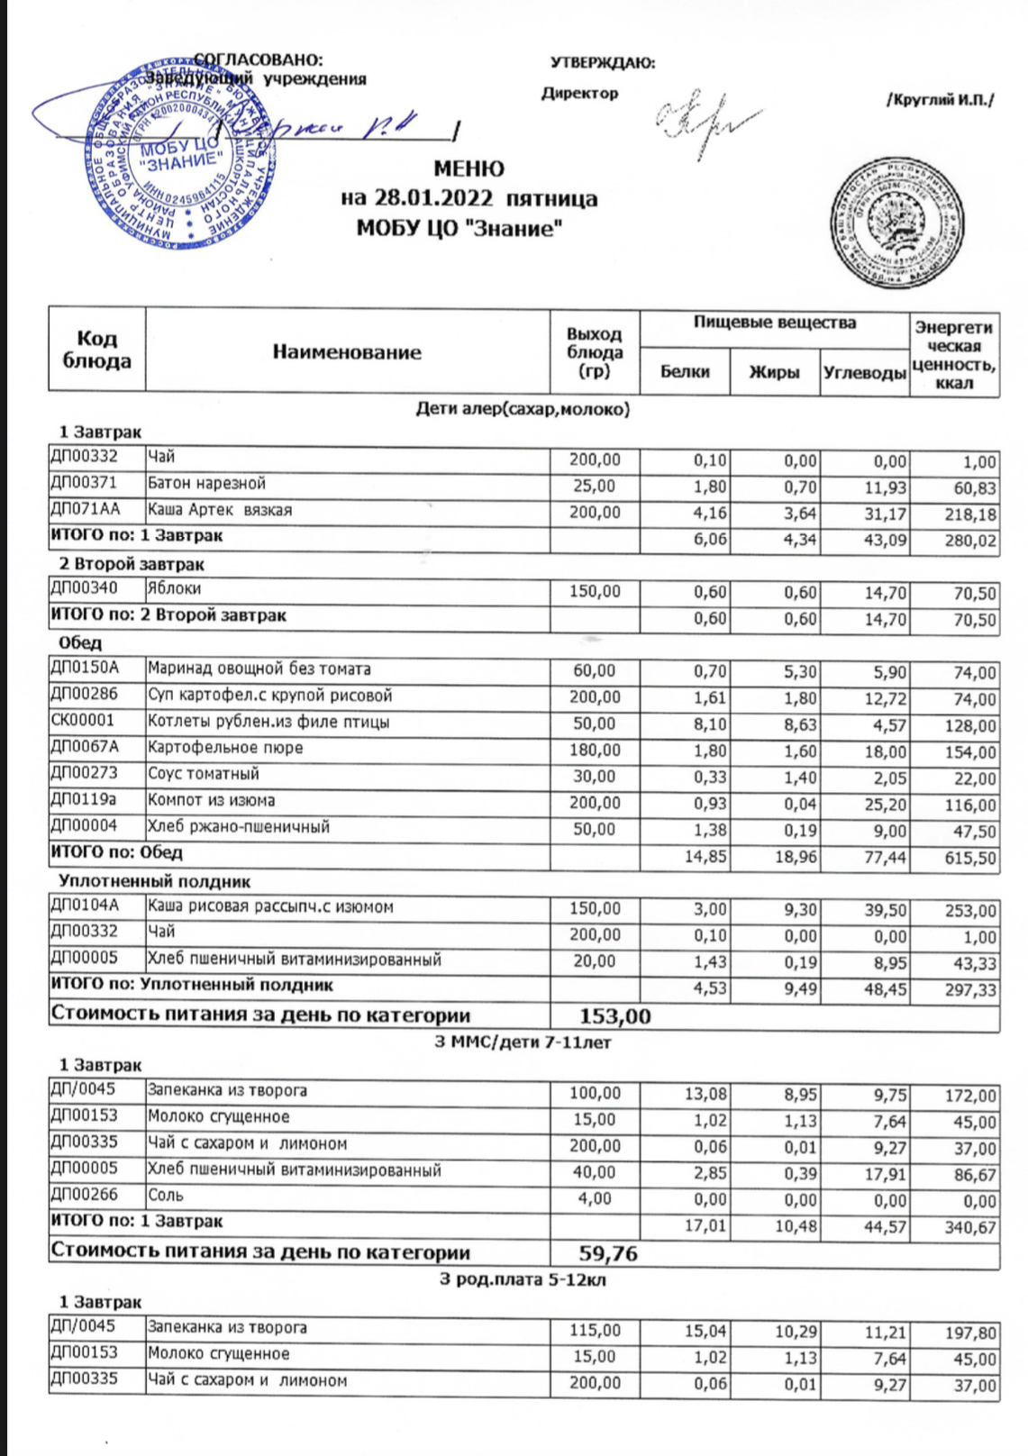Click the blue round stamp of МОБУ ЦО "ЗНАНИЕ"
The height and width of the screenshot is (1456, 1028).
[180, 155]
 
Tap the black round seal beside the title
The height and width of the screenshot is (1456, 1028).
[896, 226]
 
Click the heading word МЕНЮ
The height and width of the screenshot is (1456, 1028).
[469, 168]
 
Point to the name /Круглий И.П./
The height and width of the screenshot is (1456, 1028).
[940, 99]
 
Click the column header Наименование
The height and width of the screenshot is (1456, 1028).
[347, 351]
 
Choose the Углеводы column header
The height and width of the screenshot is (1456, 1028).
[864, 372]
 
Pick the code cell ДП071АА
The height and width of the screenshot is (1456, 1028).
[86, 510]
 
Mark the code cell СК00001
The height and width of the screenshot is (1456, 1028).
[83, 722]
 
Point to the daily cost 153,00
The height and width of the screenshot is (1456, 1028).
[614, 1016]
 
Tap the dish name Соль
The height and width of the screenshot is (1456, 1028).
[166, 1196]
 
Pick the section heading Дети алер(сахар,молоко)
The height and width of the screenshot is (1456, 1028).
[523, 409]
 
